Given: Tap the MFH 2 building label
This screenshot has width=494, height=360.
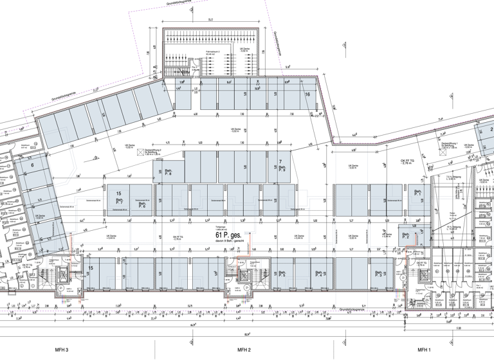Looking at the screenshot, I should pyautogui.click(x=243, y=350).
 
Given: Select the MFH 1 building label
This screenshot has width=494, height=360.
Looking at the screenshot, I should pyautogui.click(x=423, y=350).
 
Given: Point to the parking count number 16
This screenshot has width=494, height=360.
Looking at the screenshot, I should pyautogui.click(x=307, y=94).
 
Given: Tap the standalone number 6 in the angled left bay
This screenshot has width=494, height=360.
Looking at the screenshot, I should pyautogui.click(x=32, y=165).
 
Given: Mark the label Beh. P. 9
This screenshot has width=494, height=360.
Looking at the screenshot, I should pyautogui.click(x=282, y=169).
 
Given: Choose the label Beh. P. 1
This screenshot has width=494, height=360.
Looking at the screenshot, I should pyautogui.click(x=417, y=193).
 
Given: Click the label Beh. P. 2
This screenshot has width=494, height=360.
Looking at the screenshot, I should pyautogui.click(x=406, y=236).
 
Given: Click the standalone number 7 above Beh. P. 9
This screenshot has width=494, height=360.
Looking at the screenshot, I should pyautogui.click(x=280, y=161).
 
